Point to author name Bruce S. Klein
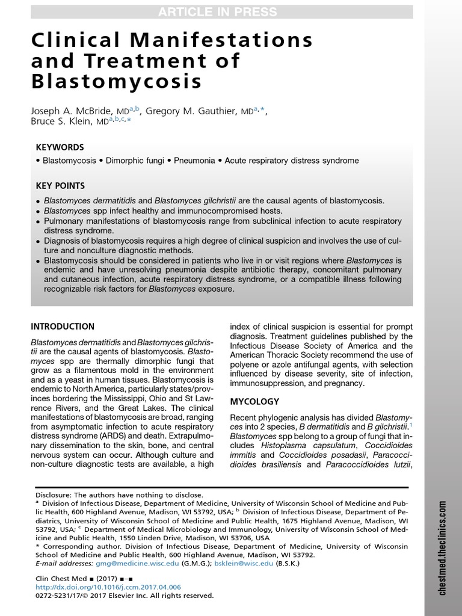tap(66, 121)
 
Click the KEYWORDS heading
tap(60, 147)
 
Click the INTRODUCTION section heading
tap(63, 327)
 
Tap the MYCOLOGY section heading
tap(255, 401)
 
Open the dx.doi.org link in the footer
tap(108, 587)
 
